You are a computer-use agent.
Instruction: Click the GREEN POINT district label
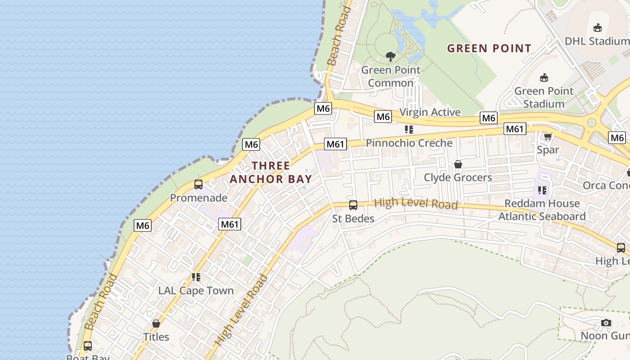[489, 48]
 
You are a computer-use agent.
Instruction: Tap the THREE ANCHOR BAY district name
[271, 172]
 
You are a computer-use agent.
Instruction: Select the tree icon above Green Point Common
[391, 57]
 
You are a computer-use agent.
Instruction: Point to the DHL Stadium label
[597, 41]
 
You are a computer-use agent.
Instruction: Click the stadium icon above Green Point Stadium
[544, 77]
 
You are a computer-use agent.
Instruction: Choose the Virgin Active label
[430, 112]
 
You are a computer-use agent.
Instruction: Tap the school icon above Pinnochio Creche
[409, 130]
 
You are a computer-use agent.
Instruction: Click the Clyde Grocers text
[458, 177]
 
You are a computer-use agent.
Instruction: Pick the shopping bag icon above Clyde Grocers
[458, 164]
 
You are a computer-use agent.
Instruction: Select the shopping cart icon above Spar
[548, 136]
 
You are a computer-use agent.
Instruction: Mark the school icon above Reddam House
[542, 190]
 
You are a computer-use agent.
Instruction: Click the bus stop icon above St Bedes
[353, 205]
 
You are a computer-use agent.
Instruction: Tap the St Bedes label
[353, 219]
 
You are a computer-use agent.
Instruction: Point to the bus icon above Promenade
[198, 184]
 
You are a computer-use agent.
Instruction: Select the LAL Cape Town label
[196, 290]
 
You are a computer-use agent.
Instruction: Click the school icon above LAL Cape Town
[196, 277]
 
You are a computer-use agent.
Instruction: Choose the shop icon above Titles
[156, 324]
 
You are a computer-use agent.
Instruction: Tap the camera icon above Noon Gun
[606, 323]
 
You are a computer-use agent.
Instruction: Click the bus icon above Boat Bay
[88, 346]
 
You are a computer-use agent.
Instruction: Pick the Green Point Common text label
[391, 76]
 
